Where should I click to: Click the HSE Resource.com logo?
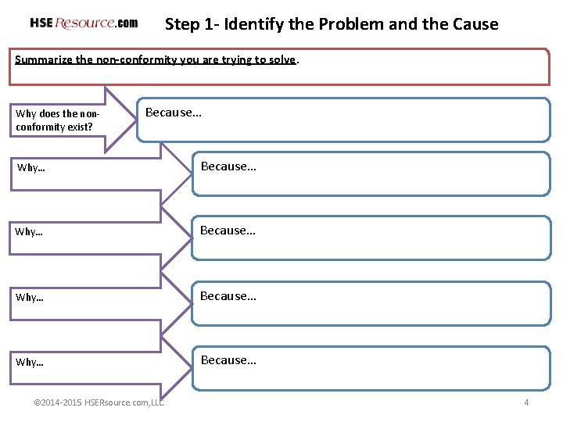(84, 23)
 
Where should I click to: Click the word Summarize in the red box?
(44, 59)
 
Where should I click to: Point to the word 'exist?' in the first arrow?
(79, 127)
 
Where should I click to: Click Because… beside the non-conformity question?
(174, 113)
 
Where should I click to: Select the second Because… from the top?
(228, 166)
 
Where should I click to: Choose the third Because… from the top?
(228, 231)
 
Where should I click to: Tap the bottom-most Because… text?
(228, 360)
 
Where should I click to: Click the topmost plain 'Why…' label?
(30, 168)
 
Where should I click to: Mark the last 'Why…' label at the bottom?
(29, 363)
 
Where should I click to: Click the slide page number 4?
(526, 402)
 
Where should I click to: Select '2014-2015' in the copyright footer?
(62, 402)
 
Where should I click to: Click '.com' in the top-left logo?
(127, 23)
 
